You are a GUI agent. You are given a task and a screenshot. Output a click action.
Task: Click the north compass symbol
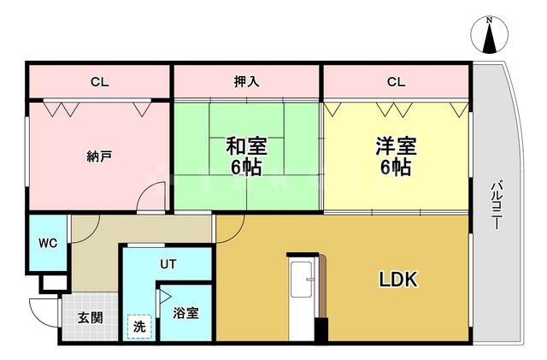489,37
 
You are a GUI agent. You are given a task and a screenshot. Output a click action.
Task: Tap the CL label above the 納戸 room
100,82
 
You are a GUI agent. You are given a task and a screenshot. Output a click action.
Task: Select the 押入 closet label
247,82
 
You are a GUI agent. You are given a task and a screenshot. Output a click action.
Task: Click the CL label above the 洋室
395,82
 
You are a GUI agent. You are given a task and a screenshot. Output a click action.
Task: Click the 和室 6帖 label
245,156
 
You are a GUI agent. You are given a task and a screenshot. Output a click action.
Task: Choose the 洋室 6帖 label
395,156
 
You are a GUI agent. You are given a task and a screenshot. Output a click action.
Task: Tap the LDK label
398,280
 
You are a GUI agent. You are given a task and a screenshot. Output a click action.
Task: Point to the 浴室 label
185,313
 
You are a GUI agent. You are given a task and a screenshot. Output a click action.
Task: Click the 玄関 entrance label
91,317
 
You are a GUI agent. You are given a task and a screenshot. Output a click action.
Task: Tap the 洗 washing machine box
137,326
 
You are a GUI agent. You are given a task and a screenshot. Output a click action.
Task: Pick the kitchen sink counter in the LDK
303,295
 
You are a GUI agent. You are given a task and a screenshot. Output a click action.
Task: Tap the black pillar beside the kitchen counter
321,328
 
